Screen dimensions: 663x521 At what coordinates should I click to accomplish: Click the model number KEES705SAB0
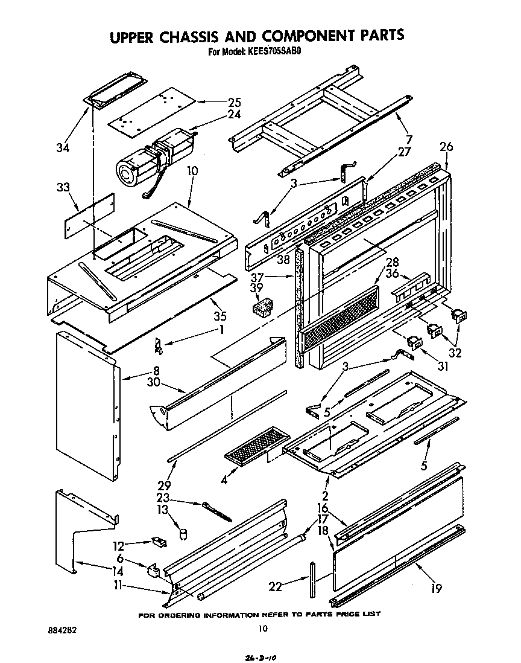pyautogui.click(x=272, y=51)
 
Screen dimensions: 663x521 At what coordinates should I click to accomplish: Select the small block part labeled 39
pyautogui.click(x=260, y=309)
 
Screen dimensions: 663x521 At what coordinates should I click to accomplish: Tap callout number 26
pyautogui.click(x=446, y=146)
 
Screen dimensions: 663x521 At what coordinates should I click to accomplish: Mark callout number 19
pyautogui.click(x=437, y=586)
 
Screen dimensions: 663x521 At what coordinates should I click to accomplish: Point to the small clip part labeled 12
pyautogui.click(x=159, y=542)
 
